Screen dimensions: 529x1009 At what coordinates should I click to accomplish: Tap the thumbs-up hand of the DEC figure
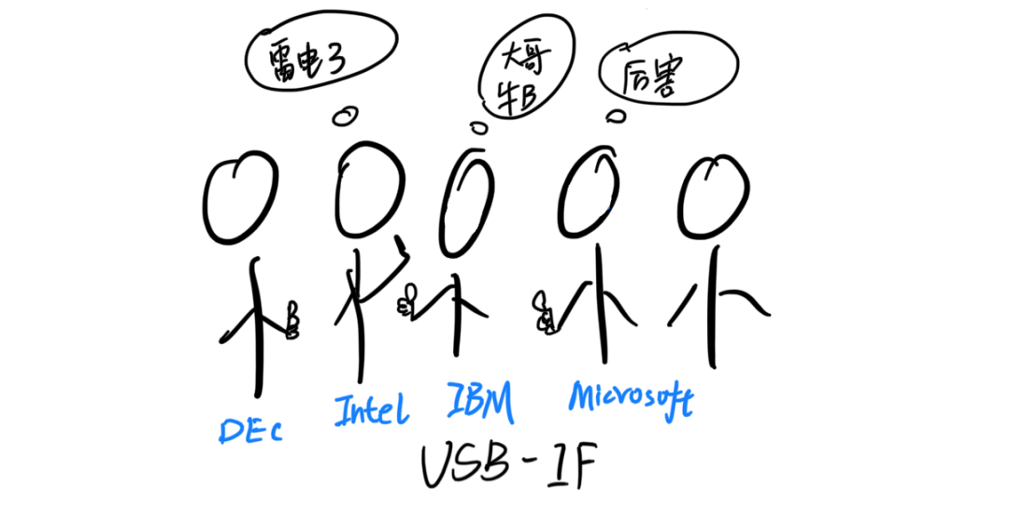coord(292,321)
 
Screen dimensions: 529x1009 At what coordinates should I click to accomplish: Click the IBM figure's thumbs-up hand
coord(406,299)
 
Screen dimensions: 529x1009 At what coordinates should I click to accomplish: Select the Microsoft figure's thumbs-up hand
coord(543,312)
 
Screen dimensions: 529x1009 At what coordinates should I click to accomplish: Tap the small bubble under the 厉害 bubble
coord(614,116)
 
